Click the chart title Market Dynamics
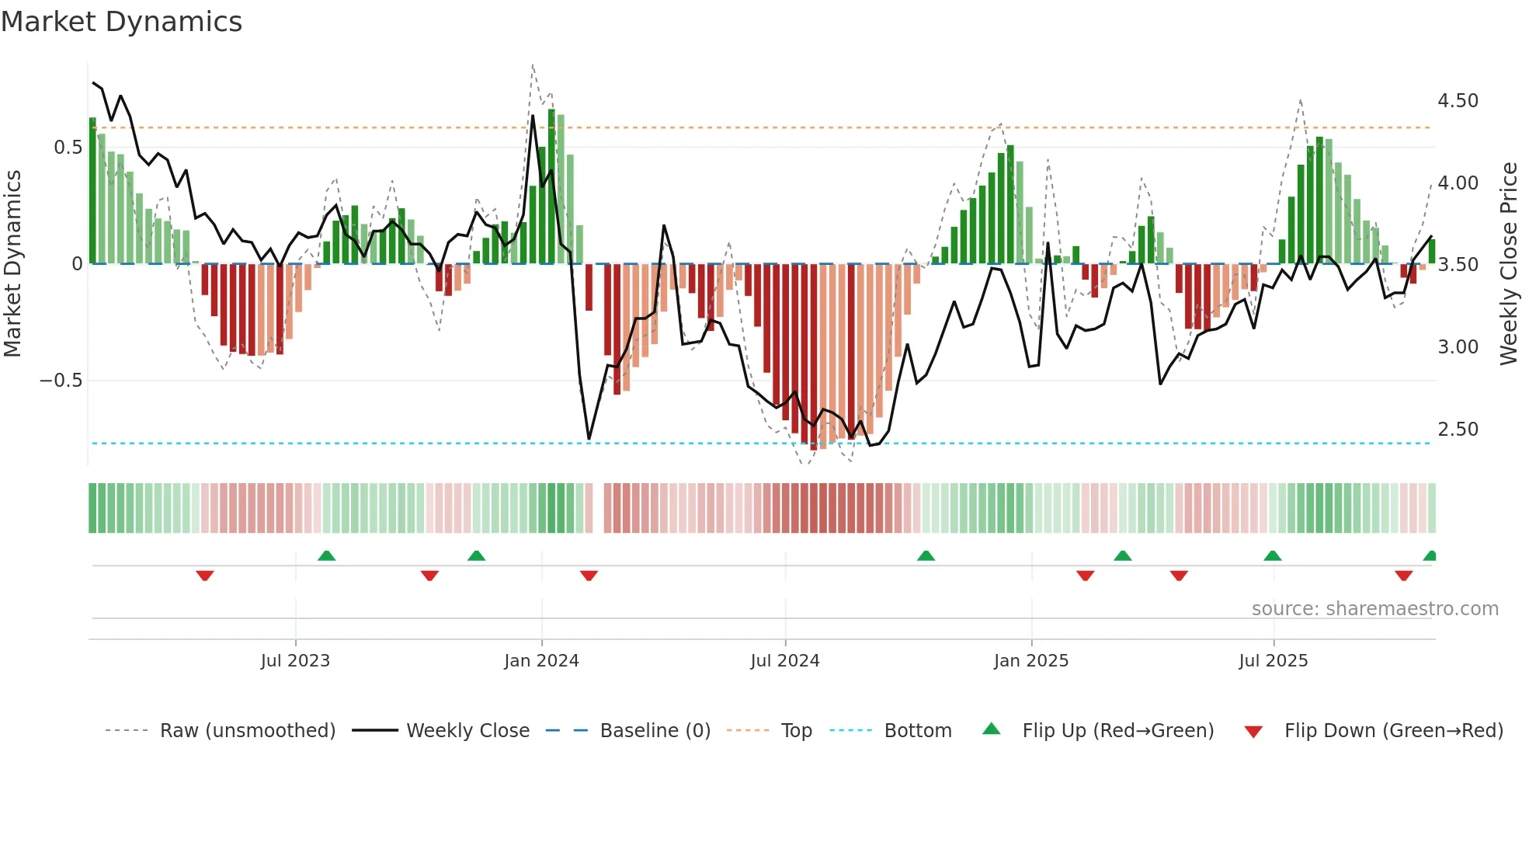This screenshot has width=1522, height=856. [121, 22]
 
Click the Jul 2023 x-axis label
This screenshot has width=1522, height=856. [295, 661]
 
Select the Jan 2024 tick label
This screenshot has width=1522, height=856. [541, 661]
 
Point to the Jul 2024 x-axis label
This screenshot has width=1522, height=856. [784, 661]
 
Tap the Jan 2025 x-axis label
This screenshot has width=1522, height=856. [1030, 661]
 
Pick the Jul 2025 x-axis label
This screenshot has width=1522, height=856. [1273, 661]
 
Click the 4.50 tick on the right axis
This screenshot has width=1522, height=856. [1458, 101]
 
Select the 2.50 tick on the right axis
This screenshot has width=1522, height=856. [1458, 430]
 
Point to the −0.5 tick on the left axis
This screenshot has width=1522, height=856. [61, 381]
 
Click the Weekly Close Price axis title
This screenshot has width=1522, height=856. [1508, 263]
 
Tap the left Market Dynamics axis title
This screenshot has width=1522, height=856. [12, 263]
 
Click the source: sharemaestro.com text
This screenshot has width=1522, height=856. [1374, 609]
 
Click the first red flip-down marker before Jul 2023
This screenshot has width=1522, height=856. [205, 576]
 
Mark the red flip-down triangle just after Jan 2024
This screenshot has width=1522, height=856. [589, 576]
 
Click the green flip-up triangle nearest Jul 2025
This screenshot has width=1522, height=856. [1272, 556]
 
